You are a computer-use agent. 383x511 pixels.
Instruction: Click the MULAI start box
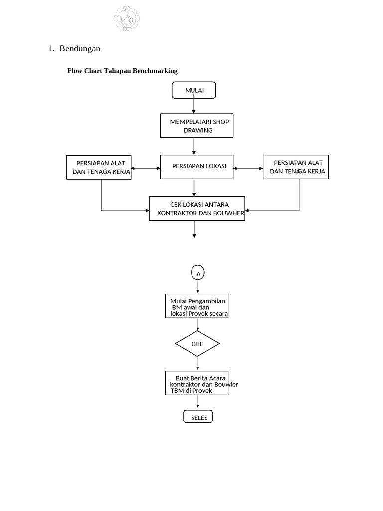194,90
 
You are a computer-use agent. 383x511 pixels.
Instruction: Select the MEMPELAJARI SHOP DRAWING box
196,126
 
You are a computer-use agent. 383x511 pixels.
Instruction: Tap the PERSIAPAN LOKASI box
196,167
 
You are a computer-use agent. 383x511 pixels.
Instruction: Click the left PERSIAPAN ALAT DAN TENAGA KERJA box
99,167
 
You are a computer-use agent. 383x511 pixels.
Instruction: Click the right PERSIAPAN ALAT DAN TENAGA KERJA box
296,167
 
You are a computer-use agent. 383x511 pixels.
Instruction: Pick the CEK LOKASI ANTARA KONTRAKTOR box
197,209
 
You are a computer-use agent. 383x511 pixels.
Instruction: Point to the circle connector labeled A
198,273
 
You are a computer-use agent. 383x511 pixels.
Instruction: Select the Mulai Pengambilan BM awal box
197,307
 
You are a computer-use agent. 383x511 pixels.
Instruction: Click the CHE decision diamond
197,344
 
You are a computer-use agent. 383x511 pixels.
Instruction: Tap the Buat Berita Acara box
197,383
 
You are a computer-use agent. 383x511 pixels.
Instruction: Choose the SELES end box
198,417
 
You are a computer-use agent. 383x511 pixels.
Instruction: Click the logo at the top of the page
126,18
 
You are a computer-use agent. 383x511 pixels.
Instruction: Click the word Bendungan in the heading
80,48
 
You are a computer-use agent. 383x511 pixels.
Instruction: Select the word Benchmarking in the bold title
155,71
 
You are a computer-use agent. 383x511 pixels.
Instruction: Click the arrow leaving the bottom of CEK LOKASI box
194,229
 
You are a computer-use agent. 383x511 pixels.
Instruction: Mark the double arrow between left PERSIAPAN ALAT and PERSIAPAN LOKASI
146,168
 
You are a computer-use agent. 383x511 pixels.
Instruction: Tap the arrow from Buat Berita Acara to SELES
198,402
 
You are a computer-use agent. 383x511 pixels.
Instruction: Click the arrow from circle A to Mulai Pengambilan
198,287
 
